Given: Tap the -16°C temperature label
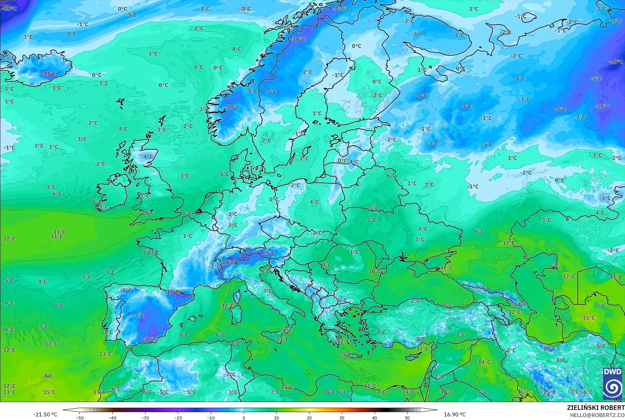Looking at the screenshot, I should (616, 62).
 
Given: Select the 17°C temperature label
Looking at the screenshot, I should (99, 392).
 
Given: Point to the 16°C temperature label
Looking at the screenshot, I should (523, 392).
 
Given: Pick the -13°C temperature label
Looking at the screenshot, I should (520, 304).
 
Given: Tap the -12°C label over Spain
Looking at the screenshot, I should (150, 339).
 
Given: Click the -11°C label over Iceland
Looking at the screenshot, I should (48, 74).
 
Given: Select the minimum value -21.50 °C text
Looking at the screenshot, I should (45, 414).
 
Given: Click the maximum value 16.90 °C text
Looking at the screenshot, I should (454, 414).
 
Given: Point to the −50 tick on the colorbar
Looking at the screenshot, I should (80, 417).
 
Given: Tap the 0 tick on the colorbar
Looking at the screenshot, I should (244, 417).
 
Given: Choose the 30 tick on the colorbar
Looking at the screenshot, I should (342, 417).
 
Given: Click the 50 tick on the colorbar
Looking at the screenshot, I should (407, 417).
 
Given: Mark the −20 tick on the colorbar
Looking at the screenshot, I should (178, 417).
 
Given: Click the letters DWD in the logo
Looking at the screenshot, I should (613, 372).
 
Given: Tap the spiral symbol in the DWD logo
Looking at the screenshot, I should (613, 388).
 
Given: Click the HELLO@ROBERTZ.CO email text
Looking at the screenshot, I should (597, 415).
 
